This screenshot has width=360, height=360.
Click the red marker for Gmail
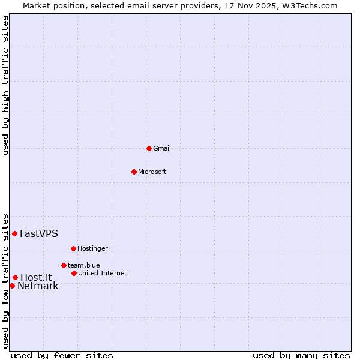pyautogui.click(x=149, y=148)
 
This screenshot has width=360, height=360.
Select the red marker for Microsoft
pyautogui.click(x=134, y=172)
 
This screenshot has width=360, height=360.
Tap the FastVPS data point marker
pyautogui.click(x=14, y=233)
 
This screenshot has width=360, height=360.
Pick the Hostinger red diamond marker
pyautogui.click(x=73, y=248)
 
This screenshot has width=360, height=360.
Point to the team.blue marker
pyautogui.click(x=64, y=265)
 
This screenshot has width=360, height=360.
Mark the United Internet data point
pyautogui.click(x=74, y=273)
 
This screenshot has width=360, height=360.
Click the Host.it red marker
pyautogui.click(x=15, y=277)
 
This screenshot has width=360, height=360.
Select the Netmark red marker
pyautogui.click(x=12, y=286)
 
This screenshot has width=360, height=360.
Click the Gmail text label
pyautogui.click(x=162, y=148)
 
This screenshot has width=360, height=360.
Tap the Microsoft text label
pyautogui.click(x=152, y=172)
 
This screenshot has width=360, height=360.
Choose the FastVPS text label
pyautogui.click(x=39, y=233)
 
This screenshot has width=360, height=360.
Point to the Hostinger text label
pyautogui.click(x=92, y=248)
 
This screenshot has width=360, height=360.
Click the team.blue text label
pyautogui.click(x=83, y=265)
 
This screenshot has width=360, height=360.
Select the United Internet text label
pyautogui.click(x=102, y=273)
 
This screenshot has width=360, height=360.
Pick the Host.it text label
pyautogui.click(x=36, y=277)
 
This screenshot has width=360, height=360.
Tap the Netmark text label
pyautogui.click(x=38, y=286)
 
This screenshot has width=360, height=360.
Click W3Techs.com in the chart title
pyautogui.click(x=310, y=5)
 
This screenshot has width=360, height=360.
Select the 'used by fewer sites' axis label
pyautogui.click(x=62, y=355)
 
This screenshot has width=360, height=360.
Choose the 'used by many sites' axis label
pyautogui.click(x=301, y=355)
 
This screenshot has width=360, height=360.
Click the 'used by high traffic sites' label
pyautogui.click(x=5, y=85)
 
